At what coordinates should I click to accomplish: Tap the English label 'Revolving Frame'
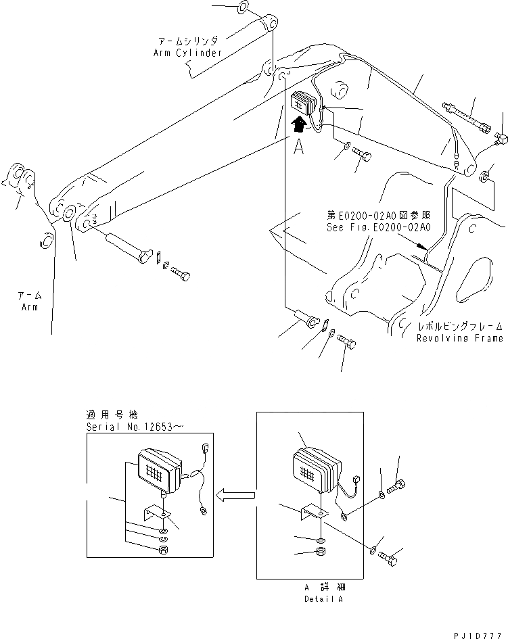point(459,338)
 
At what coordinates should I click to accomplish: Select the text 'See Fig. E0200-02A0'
point(378,228)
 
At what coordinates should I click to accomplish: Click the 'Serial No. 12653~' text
point(135,428)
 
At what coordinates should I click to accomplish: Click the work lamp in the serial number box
point(159,471)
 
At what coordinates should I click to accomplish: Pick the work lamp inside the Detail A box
point(317,471)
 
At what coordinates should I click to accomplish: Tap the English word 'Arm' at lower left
point(29,306)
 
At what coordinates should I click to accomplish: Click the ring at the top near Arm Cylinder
point(243,10)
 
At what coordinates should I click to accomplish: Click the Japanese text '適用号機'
point(106,416)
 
